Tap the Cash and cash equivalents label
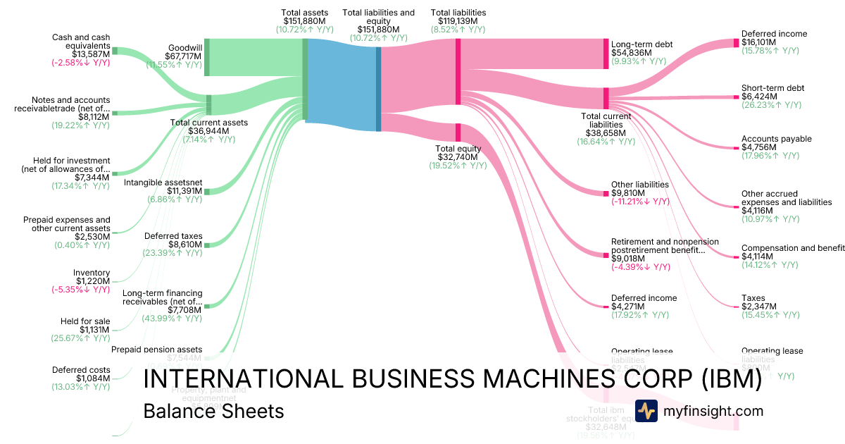pyautogui.click(x=81, y=41)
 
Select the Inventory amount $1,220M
pyautogui.click(x=93, y=281)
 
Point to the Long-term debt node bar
pyautogui.click(x=606, y=54)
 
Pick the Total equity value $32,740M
pyautogui.click(x=458, y=157)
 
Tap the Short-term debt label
pyautogui.click(x=772, y=88)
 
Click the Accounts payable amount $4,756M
pyautogui.click(x=759, y=148)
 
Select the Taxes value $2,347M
pyautogui.click(x=759, y=307)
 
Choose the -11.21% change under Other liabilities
pyautogui.click(x=640, y=202)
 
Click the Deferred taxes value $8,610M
pyautogui.click(x=184, y=245)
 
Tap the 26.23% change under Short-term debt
pyautogui.click(x=771, y=105)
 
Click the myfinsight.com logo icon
pyautogui.click(x=646, y=411)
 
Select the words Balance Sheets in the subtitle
pyautogui.click(x=213, y=411)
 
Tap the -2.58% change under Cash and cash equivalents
pyautogui.click(x=80, y=63)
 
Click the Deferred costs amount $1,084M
pyautogui.click(x=92, y=378)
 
